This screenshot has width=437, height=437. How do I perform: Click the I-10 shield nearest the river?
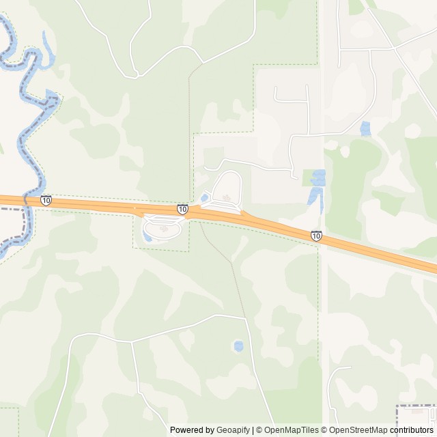coord(46,200)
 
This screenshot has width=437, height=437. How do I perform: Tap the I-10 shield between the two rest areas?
coord(182,209)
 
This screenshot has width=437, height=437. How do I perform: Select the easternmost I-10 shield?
coord(316,236)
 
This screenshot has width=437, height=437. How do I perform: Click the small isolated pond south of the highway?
coord(238,346)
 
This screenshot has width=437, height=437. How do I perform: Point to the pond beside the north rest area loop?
coord(204,198)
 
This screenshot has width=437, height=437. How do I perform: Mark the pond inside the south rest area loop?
coord(148,237)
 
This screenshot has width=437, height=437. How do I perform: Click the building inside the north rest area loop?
coord(227,199)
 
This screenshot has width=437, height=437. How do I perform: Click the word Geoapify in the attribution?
coord(234,430)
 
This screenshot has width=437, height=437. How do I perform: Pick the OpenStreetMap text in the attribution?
coord(358,430)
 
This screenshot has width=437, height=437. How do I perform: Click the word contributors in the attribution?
coord(412,430)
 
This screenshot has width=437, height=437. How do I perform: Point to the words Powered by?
coord(192,430)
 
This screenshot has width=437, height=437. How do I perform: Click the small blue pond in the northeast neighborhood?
coord(365,128)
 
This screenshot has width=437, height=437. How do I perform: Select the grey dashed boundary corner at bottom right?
coord(399,408)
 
